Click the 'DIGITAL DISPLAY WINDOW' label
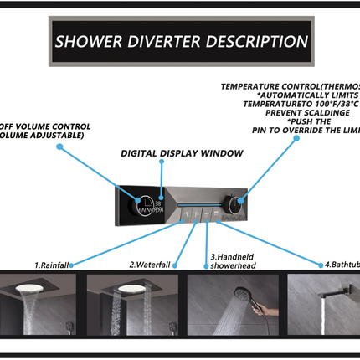(182, 153)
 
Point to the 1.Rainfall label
(52, 265)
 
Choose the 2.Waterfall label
(150, 265)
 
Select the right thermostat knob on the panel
(243, 201)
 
